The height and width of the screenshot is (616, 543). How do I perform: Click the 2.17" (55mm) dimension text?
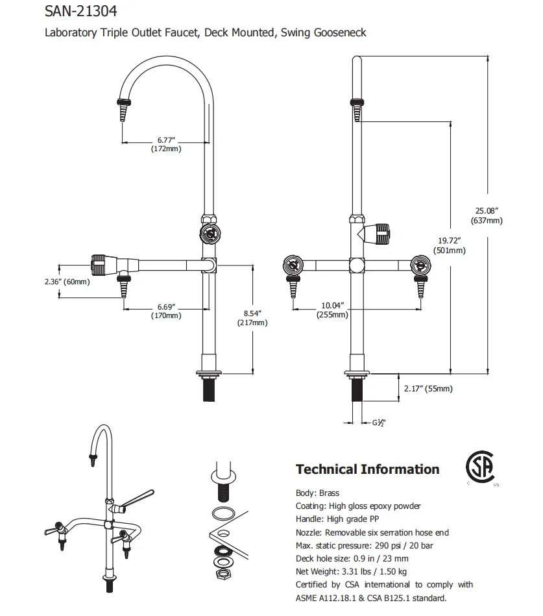[x=428, y=389]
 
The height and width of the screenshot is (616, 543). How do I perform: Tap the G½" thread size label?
[x=379, y=423]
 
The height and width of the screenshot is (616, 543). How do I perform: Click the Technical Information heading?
[x=367, y=469]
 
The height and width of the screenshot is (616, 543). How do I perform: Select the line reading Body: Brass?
[x=317, y=493]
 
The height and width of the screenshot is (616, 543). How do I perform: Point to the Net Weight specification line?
[x=351, y=571]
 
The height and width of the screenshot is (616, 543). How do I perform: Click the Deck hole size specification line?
[x=352, y=558]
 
